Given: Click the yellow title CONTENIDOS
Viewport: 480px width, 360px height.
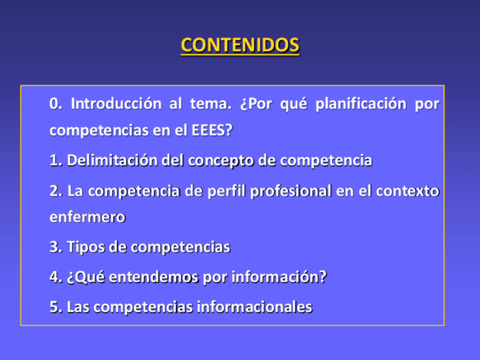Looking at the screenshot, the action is coord(240,45).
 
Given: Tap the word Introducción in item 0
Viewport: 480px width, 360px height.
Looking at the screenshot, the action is coord(116,104).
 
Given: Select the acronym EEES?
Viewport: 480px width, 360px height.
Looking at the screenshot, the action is coord(212,130).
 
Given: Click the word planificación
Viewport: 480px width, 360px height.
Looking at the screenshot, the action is coord(361,104).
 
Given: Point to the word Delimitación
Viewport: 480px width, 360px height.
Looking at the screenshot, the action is coord(112,160).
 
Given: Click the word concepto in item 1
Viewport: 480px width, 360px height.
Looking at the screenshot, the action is coord(221,161).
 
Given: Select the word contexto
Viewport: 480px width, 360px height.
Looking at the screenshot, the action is coord(408,191).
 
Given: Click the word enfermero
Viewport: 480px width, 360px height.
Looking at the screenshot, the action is coord(88,217).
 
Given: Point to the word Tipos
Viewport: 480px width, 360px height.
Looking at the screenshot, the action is coord(85,247).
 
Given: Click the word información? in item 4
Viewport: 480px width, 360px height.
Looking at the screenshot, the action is coord(279,277).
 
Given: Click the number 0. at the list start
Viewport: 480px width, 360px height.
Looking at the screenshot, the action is coord(55,104).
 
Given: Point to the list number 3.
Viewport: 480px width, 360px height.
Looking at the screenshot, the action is coord(55,247).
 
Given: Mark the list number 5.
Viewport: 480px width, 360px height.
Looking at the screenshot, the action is coord(55,307).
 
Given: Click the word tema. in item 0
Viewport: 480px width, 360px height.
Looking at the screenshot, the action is coord(211,104).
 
